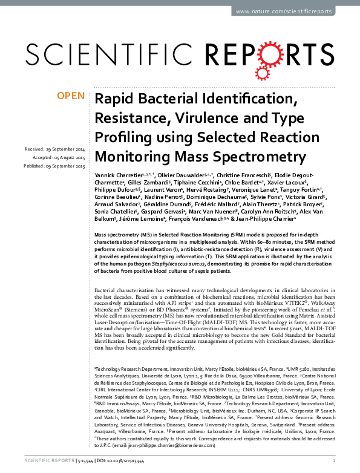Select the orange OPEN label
pos(71,96)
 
